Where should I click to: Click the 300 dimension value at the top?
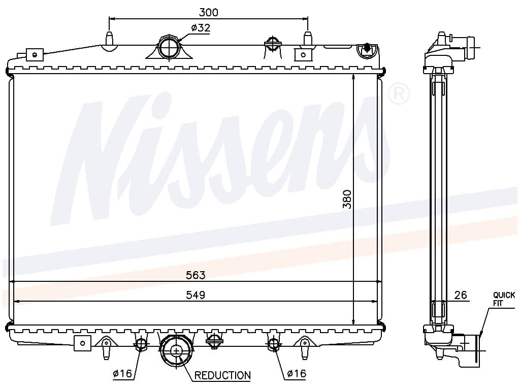click(208, 12)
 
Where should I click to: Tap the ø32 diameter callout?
click(201, 28)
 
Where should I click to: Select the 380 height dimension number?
click(347, 199)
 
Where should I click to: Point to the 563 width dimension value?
click(196, 275)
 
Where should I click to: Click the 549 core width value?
click(196, 295)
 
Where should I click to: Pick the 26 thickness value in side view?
click(460, 295)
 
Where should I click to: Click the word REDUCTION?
click(222, 375)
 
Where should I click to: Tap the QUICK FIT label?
click(504, 299)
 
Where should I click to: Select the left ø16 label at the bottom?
click(122, 374)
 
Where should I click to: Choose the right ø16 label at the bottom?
click(296, 374)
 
